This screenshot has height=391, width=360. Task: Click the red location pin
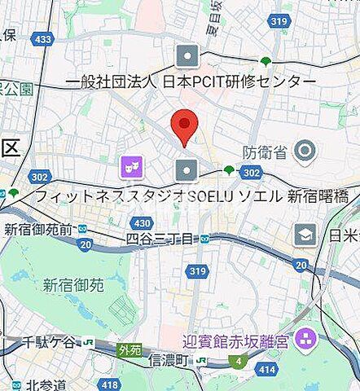(184, 127)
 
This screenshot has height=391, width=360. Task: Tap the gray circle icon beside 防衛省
(305, 150)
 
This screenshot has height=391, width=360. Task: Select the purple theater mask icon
(130, 168)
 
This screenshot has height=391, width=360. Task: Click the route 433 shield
(44, 38)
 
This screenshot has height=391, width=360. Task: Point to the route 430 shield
(143, 222)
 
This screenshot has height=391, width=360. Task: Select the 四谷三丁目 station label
(160, 239)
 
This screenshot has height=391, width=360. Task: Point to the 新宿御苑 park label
(73, 285)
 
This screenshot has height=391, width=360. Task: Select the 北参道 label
(45, 384)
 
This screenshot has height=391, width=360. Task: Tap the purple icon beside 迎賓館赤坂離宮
(306, 336)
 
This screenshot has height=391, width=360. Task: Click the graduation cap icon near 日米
(306, 235)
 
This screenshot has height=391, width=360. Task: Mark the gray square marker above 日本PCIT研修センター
(187, 56)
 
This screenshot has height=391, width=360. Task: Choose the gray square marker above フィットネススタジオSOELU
(187, 169)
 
